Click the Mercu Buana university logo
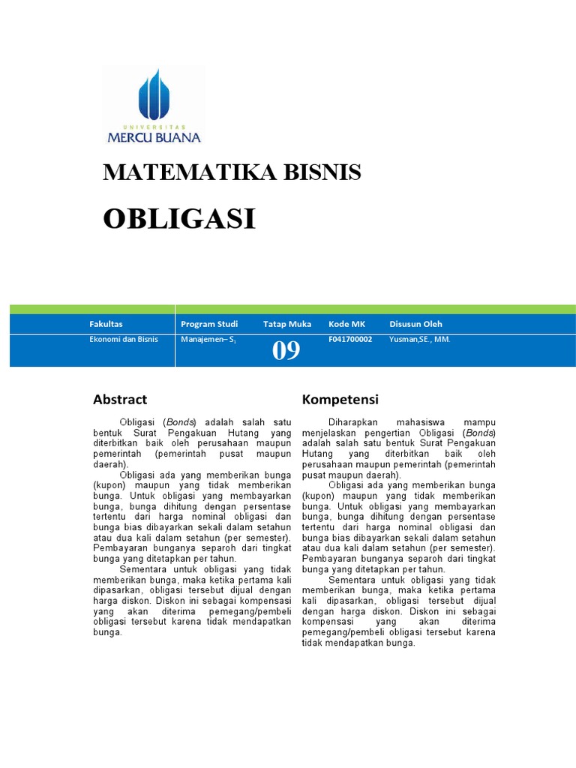pyautogui.click(x=154, y=106)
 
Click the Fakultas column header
pyautogui.click(x=104, y=324)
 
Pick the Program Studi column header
pyautogui.click(x=209, y=324)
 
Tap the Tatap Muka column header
pyautogui.click(x=287, y=324)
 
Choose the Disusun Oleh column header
pyautogui.click(x=415, y=324)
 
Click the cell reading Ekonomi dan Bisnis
pyautogui.click(x=120, y=339)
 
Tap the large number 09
pyautogui.click(x=286, y=350)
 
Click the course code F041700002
pyautogui.click(x=350, y=339)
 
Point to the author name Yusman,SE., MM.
pyautogui.click(x=420, y=339)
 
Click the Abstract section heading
pyautogui.click(x=120, y=399)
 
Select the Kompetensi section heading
pyautogui.click(x=340, y=399)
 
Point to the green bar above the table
pyautogui.click(x=292, y=309)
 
